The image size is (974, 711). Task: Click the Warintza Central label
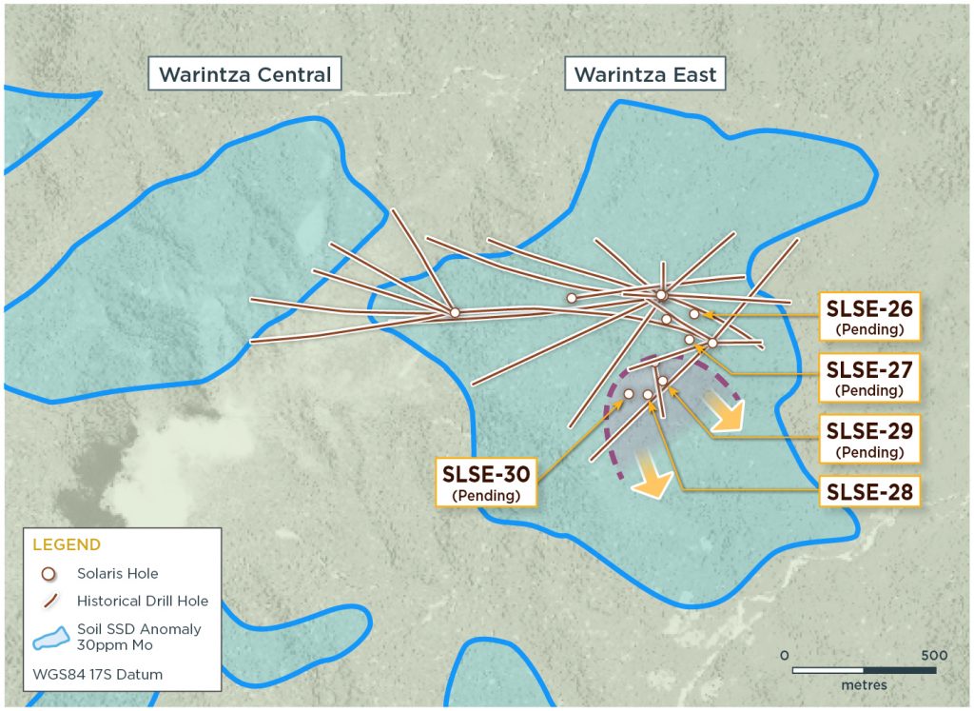point(244,74)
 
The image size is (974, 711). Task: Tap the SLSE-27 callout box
point(869,377)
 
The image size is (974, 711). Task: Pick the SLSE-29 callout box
point(869,439)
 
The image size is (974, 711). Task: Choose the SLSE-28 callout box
point(869,492)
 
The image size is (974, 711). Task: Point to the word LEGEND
point(67,545)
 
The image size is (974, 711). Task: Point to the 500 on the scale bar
point(934,656)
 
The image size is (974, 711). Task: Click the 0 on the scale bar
point(784,656)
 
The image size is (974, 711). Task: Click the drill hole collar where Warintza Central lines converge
point(455,312)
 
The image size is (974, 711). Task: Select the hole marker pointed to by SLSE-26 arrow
point(694,313)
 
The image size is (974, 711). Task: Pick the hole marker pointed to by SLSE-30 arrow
point(628,394)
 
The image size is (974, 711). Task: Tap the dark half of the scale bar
point(900,670)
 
